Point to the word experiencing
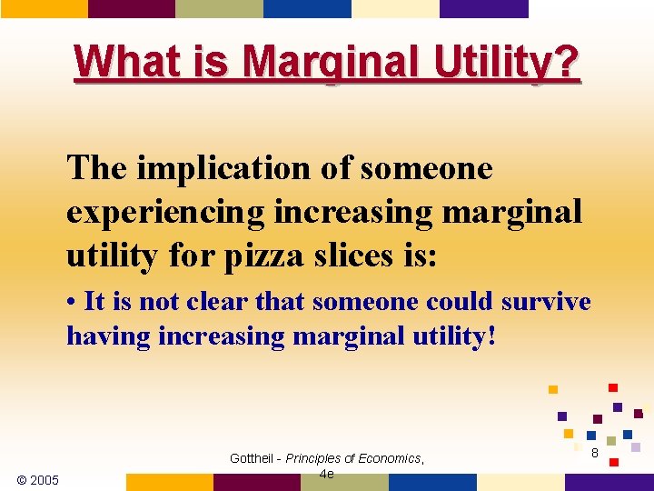(165, 212)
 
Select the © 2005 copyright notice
(38, 480)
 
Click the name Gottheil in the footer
(255, 458)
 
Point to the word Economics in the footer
(391, 458)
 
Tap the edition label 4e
(326, 474)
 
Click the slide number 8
(595, 452)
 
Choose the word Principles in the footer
(316, 458)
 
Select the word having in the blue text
(108, 336)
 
